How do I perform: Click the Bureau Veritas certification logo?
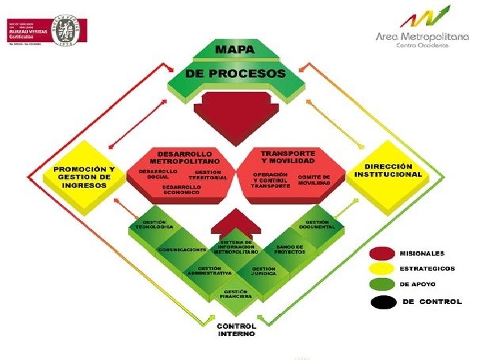(x=47, y=31)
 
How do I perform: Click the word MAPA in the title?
(x=235, y=49)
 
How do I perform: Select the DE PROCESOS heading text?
(x=236, y=73)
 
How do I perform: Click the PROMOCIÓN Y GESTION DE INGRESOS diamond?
(x=84, y=177)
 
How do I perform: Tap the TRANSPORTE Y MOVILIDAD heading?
(x=289, y=157)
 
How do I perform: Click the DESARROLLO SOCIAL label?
(x=157, y=175)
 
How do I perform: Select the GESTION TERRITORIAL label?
(x=208, y=175)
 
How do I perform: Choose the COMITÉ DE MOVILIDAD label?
(x=314, y=179)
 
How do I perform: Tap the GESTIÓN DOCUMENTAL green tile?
(x=317, y=225)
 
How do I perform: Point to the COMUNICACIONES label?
(x=181, y=249)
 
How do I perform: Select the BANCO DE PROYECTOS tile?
(x=289, y=249)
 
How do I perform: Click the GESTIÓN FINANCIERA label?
(x=237, y=294)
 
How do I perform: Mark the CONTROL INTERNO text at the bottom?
(x=236, y=330)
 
